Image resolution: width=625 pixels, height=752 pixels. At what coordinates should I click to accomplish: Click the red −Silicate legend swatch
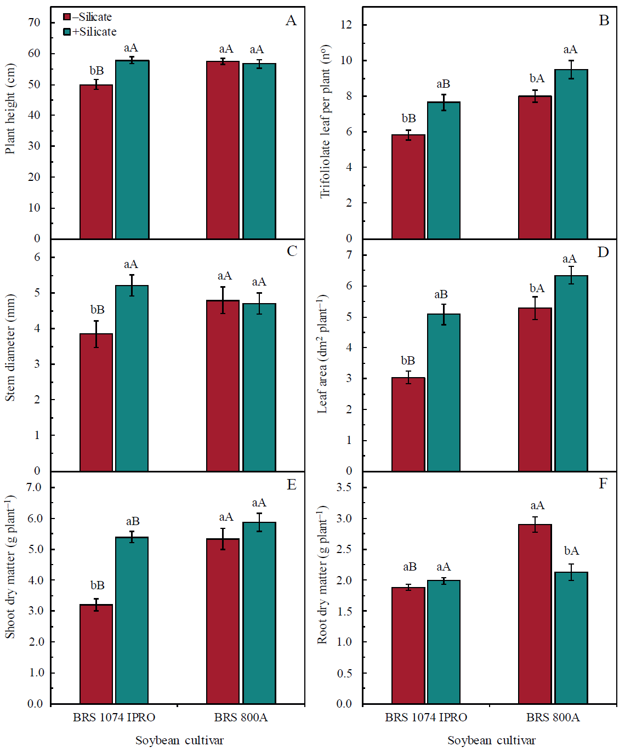pos(67,17)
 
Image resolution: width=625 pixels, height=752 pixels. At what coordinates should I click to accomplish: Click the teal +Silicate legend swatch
pos(67,32)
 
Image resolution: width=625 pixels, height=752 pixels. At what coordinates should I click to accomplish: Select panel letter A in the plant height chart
pos(291,21)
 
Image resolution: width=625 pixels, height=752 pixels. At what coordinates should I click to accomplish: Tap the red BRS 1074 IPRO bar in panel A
pos(96,162)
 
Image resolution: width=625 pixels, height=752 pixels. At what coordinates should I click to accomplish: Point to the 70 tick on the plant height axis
pos(35,22)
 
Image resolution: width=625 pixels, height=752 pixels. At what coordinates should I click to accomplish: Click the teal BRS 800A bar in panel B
pos(571,154)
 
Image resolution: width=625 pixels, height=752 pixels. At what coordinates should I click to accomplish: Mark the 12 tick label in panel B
pos(346,25)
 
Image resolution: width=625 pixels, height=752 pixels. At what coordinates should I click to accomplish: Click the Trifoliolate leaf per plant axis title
pos(326,121)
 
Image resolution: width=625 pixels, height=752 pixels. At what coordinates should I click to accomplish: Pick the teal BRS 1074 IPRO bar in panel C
pos(132,378)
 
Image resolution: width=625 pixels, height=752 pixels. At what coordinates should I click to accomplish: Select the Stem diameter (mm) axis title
pos(10,348)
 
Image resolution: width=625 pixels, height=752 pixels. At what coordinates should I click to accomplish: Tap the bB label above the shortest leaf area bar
pos(408,361)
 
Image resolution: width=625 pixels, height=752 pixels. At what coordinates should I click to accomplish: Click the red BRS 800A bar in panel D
pos(535,389)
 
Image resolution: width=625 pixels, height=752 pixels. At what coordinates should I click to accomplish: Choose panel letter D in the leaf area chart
pos(603,252)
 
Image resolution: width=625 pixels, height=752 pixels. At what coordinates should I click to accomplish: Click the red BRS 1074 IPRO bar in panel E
pos(96,654)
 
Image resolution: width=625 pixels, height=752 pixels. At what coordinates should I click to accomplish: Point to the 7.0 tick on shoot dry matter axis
pos(35,487)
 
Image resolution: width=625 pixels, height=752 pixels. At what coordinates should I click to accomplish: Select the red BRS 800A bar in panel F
pos(535,614)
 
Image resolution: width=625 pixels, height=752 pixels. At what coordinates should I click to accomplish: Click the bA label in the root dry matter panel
pos(571,551)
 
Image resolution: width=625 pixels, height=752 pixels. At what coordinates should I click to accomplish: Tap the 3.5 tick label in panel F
pos(344,487)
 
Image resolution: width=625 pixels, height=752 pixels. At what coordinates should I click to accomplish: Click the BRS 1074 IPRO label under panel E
pos(114,717)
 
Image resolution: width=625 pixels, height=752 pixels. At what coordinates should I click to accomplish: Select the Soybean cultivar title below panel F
pos(491,740)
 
